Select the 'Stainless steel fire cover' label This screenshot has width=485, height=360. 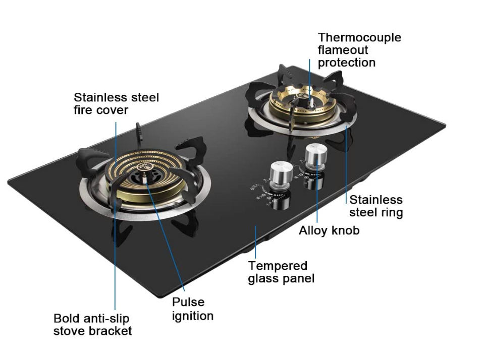(x=116, y=103)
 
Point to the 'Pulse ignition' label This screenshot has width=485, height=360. (x=192, y=309)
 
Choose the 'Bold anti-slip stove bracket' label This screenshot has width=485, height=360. (x=92, y=325)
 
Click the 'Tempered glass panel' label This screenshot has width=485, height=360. (x=281, y=272)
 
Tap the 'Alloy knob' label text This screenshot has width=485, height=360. (x=329, y=230)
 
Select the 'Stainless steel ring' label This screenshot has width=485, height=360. (x=376, y=206)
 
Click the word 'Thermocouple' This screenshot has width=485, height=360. (x=359, y=37)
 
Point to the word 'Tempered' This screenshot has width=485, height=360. (x=278, y=266)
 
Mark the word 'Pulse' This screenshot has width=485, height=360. (x=188, y=302)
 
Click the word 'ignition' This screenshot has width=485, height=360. (x=192, y=316)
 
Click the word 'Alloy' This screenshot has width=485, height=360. (x=313, y=230)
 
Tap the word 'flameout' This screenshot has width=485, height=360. (x=343, y=50)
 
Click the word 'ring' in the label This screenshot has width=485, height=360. (x=391, y=212)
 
